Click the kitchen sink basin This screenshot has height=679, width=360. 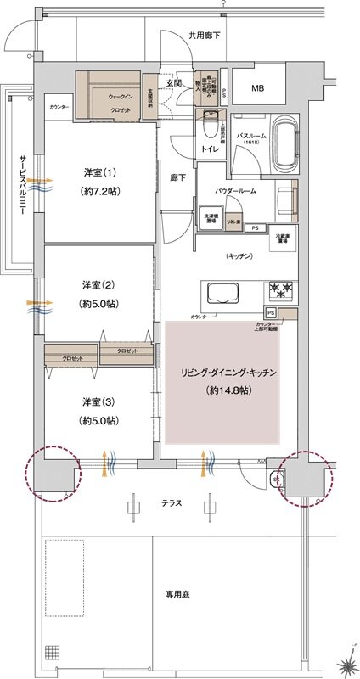(x=222, y=294)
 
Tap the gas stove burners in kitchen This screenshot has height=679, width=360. (x=281, y=292)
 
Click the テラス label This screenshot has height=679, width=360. (x=173, y=503)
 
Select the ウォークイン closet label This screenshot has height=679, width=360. (x=120, y=97)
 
